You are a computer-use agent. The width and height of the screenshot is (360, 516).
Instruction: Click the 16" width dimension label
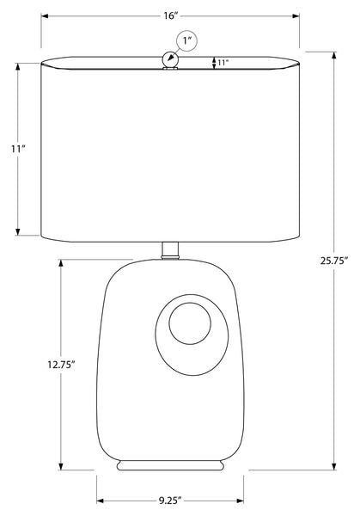coord(171,15)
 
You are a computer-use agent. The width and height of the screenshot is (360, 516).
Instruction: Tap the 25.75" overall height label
coord(334,261)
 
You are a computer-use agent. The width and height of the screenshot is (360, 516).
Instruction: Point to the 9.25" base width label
coord(170,501)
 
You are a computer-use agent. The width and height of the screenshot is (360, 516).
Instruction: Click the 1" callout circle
coord(187,40)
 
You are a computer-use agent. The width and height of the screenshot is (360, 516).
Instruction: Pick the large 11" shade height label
coord(18,149)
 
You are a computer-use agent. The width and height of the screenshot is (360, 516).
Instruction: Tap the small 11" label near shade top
coord(223,63)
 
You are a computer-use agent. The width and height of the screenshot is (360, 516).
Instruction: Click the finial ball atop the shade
coord(170,60)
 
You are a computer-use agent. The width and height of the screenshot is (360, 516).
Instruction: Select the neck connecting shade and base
coord(170,250)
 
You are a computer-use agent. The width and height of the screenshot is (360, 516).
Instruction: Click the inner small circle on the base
coord(190,323)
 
